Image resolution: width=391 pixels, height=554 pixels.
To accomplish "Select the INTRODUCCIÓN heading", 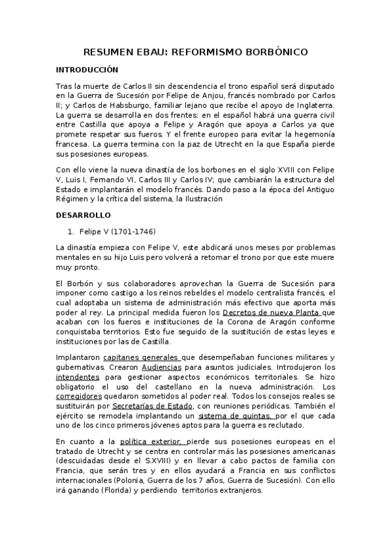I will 87,69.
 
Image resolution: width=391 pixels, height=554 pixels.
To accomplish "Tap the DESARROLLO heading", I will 84,215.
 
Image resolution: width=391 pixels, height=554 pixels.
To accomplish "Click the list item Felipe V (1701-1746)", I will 117,231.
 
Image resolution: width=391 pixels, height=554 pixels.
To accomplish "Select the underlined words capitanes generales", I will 149,357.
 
